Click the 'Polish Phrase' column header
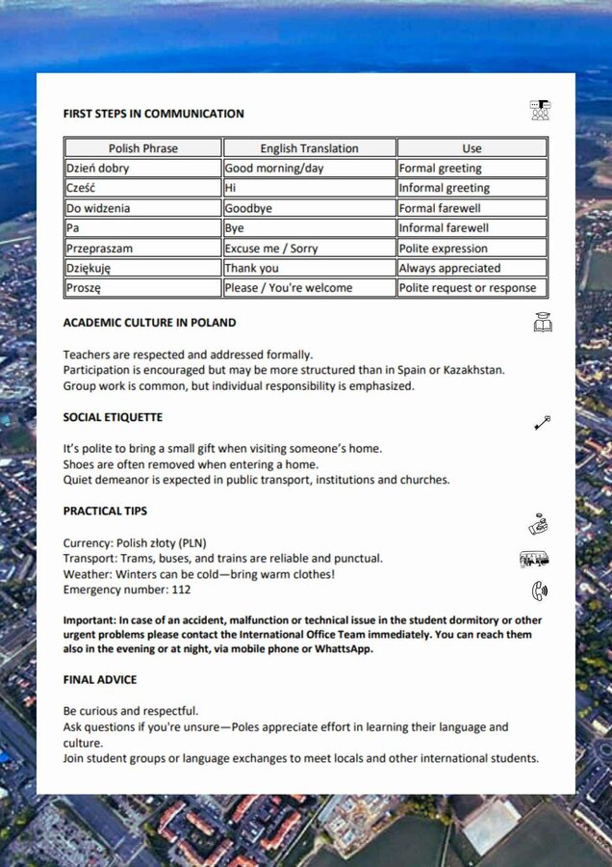[143, 148]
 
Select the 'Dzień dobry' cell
[98, 168]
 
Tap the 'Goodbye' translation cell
[248, 208]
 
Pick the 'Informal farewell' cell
[444, 228]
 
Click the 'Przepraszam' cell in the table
[99, 249]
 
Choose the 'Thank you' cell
[251, 269]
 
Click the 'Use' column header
[472, 148]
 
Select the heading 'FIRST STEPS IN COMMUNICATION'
[153, 114]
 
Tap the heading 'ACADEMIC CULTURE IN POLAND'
[149, 323]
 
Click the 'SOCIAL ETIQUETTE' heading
[113, 417]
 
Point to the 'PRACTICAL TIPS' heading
[105, 511]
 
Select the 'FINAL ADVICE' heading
[99, 679]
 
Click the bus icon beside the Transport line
[534, 559]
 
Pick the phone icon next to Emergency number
[538, 591]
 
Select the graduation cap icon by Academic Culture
[543, 323]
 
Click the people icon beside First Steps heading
[541, 110]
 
